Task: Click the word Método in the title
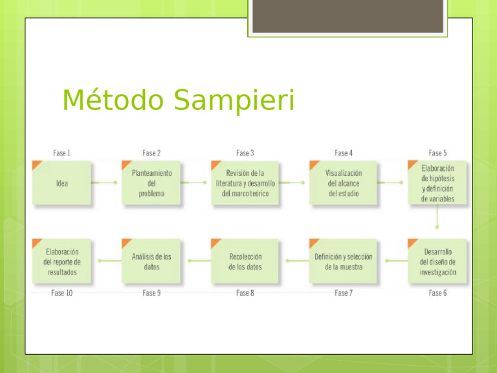click(x=110, y=100)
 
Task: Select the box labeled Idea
click(x=61, y=183)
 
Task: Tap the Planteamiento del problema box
click(x=151, y=183)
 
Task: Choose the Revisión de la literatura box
click(x=245, y=183)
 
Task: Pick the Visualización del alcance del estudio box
click(x=343, y=183)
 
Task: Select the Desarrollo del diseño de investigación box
click(x=437, y=262)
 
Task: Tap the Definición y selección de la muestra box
click(x=343, y=262)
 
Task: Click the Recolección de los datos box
click(x=245, y=262)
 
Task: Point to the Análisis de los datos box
click(x=151, y=262)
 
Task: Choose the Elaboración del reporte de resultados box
click(x=61, y=262)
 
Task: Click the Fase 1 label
click(x=61, y=153)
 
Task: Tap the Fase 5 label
click(x=437, y=153)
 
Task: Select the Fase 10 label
click(x=61, y=293)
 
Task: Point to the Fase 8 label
click(x=245, y=293)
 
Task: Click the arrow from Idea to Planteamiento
click(x=105, y=183)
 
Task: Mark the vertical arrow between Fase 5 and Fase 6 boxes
click(x=437, y=218)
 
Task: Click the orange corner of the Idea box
click(x=37, y=165)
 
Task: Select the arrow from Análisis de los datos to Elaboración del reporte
click(x=107, y=262)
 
